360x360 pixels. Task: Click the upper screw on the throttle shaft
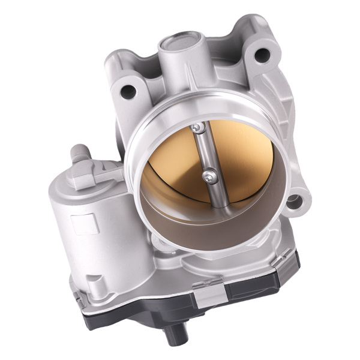point(196,127)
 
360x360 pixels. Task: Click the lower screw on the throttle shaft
point(207,175)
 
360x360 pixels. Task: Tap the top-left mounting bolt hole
point(128,91)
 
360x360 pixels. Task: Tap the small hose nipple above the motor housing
point(78,153)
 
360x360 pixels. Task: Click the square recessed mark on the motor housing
point(85,223)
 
